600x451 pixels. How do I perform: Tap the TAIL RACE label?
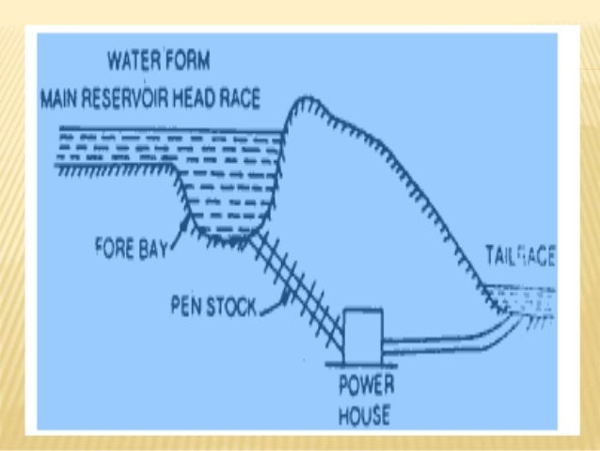519,254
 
